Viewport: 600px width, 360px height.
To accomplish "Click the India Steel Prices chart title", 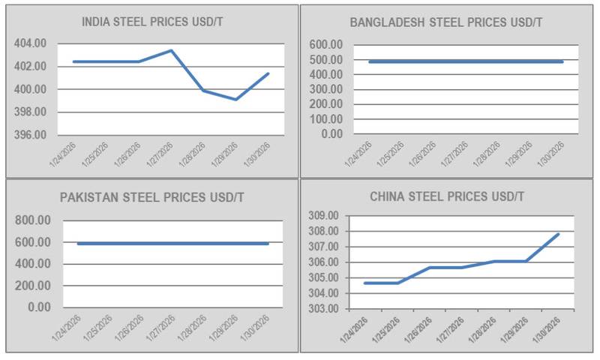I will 152,22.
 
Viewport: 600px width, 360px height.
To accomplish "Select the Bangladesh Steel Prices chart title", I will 446,22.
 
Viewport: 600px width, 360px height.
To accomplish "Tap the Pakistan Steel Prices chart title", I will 152,198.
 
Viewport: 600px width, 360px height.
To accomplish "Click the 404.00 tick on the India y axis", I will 31,43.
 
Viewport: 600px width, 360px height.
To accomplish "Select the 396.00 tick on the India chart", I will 31,135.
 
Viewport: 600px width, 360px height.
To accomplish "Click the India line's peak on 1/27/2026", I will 171,51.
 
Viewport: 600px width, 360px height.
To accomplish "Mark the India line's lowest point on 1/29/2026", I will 236,99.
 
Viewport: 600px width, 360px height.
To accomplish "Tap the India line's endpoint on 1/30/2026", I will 268,73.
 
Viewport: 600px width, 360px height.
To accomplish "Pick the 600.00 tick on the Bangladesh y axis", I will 325,45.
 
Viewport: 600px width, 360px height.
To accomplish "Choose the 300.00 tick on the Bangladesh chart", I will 325,89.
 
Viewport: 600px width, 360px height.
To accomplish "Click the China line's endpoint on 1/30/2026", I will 559,234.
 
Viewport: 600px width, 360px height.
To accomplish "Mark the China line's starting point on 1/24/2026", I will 365,283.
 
